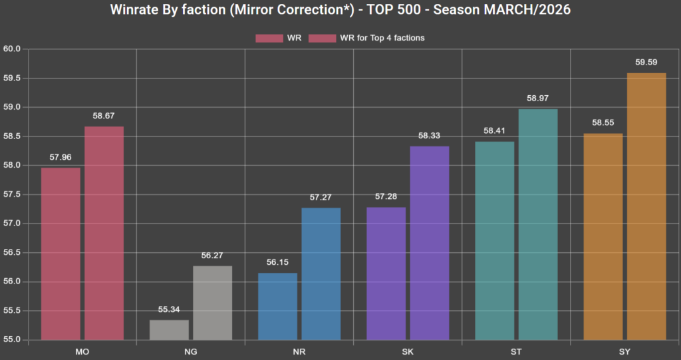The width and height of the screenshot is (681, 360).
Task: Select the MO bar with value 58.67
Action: tap(104, 233)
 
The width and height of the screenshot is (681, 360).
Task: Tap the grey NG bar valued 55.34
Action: tap(169, 329)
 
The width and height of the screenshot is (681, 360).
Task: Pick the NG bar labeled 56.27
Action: tap(213, 303)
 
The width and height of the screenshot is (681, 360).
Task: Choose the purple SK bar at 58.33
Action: tap(430, 243)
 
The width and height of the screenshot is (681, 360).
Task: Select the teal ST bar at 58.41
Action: tap(495, 240)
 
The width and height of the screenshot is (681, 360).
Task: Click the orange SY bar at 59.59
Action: tap(646, 206)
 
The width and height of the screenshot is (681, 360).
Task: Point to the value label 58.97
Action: tap(538, 98)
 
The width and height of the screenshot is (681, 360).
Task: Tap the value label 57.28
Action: tap(386, 196)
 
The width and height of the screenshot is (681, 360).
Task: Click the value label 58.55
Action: tap(603, 122)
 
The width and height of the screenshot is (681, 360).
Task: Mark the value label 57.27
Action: tap(321, 197)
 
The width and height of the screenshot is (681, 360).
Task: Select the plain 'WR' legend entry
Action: tap(279, 38)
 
